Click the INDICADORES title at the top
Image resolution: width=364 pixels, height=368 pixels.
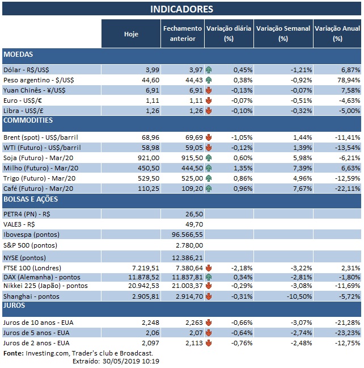[181, 9]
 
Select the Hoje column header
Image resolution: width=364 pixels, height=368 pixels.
[131, 34]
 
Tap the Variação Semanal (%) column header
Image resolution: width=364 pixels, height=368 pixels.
[283, 34]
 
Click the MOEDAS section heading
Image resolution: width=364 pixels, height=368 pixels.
[18, 55]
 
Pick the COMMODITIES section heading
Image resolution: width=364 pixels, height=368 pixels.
[28, 120]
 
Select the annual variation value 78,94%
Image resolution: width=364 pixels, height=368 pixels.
[348, 80]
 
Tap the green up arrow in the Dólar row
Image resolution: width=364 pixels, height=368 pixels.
[209, 69]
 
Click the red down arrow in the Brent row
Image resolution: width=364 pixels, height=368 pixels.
[209, 137]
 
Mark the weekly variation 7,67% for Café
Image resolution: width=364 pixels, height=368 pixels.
[300, 189]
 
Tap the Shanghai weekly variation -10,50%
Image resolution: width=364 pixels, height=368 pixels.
[298, 296]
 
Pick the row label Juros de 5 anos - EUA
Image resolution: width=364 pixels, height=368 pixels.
[38, 333]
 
